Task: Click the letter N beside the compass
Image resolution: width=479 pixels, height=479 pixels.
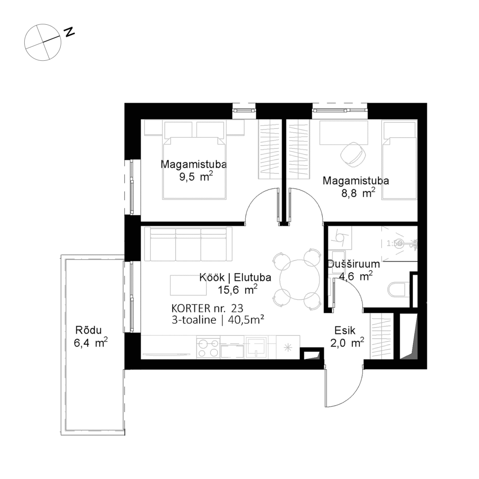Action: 69,32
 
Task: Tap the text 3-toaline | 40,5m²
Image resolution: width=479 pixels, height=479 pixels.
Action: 218,320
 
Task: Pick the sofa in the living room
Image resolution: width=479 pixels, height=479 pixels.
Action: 189,244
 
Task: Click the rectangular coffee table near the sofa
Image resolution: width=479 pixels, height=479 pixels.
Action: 189,285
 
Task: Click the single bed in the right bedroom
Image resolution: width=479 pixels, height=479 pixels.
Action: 399,160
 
